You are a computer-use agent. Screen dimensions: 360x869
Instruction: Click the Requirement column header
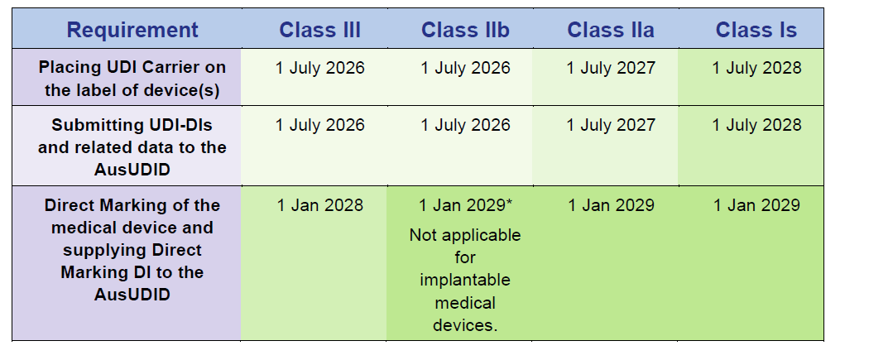[132, 30]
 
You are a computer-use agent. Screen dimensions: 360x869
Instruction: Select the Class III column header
[319, 30]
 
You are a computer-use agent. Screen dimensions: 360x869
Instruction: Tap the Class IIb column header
[465, 30]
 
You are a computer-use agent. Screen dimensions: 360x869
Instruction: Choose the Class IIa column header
[611, 30]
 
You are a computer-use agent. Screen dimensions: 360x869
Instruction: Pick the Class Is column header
[756, 30]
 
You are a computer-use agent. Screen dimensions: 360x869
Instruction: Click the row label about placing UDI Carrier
[132, 79]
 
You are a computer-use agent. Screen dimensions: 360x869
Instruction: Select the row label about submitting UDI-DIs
[132, 147]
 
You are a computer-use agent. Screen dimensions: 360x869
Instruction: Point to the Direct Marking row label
[132, 249]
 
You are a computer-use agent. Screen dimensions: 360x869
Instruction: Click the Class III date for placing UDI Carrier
[319, 68]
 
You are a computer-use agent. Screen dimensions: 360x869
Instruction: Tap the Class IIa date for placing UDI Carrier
[611, 68]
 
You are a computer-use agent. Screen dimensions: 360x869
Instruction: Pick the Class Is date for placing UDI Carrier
[756, 68]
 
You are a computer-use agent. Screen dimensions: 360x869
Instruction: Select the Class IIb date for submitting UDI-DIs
[465, 125]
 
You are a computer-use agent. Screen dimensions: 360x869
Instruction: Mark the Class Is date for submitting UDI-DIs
[756, 125]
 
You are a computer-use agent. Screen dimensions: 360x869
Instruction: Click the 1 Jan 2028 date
[319, 205]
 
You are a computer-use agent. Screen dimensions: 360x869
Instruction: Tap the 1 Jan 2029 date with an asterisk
[465, 205]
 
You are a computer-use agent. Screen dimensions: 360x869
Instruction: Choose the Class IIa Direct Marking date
[611, 205]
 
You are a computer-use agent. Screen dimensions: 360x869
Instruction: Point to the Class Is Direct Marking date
[756, 205]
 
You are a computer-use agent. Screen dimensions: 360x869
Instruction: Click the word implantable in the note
[465, 279]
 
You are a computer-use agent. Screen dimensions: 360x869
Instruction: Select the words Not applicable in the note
[465, 235]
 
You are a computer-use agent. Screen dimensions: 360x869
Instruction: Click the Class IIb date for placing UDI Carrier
[465, 68]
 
